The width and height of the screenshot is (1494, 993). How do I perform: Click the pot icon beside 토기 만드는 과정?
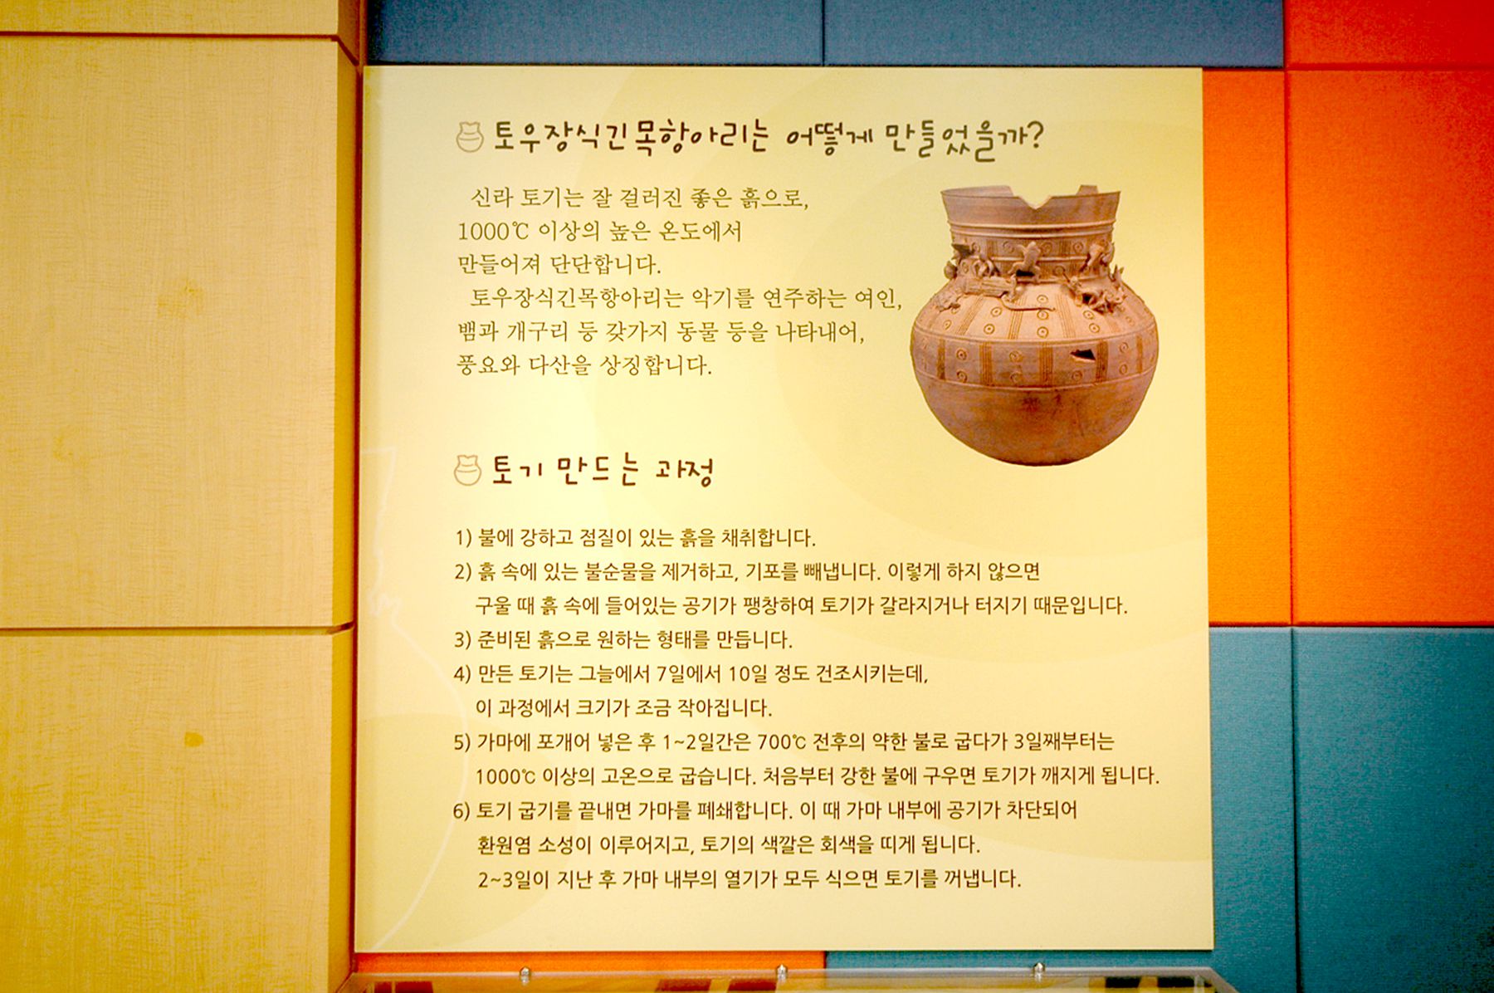[x=467, y=471]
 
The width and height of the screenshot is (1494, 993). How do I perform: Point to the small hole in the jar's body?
[x=1082, y=355]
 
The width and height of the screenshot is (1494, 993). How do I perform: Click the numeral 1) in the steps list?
[x=463, y=538]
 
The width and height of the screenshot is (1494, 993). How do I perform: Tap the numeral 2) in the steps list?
[x=463, y=572]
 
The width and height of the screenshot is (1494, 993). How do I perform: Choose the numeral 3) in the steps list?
[x=463, y=640]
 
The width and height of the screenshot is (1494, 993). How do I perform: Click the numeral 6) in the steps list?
[x=462, y=810]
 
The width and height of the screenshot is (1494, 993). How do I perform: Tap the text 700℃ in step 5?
[x=781, y=741]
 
